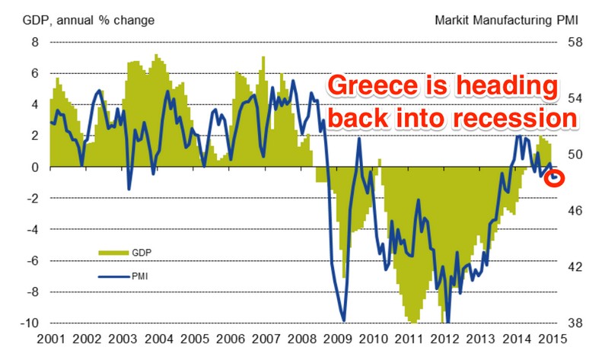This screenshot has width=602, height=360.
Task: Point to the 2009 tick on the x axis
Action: [x=337, y=339]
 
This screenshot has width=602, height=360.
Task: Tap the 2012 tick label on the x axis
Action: [x=444, y=339]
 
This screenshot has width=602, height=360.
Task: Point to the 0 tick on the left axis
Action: [x=33, y=167]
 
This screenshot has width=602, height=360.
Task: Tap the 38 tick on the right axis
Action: [x=578, y=323]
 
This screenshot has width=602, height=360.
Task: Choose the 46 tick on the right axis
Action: [x=578, y=210]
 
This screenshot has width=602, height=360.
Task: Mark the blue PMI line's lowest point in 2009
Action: [x=344, y=320]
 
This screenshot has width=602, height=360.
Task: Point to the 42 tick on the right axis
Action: [x=578, y=266]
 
